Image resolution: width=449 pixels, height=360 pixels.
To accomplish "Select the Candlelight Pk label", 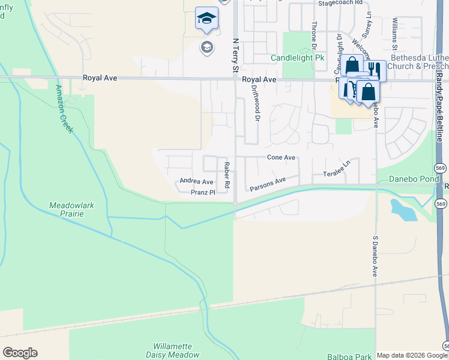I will pos(297,58).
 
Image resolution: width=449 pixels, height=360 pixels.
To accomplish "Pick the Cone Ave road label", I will pos(282,157).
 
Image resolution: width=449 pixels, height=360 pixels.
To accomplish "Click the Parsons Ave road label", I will pos(266,183).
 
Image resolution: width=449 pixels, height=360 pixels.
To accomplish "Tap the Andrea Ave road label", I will pos(196,182).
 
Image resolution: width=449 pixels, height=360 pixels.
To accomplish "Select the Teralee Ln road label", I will pos(337,169).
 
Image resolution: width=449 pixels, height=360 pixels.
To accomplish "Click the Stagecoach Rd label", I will pos(341,3).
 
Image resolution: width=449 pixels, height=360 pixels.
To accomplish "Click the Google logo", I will pos(20,353).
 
